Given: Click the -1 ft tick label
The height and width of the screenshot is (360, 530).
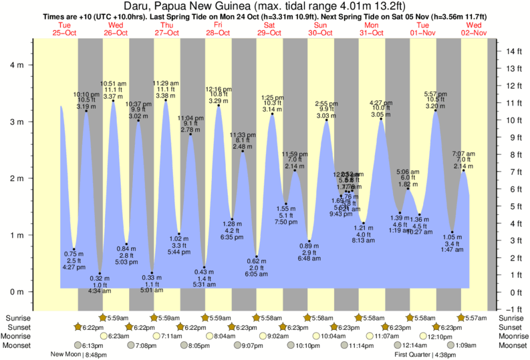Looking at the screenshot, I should [513, 309].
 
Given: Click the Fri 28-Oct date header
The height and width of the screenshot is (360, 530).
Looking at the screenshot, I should [218, 29].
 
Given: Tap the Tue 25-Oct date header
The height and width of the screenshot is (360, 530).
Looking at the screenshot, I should [64, 29].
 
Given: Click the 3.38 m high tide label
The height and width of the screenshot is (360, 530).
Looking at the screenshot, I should [165, 96].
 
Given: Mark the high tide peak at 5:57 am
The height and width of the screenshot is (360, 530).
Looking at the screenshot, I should [436, 110].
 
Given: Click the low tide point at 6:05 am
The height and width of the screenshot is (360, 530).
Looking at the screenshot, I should [257, 256].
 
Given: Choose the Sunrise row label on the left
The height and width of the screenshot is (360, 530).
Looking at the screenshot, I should [17, 318].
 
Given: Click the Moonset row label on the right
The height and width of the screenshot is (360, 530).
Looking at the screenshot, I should [513, 346].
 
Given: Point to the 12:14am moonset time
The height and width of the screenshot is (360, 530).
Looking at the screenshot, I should [413, 346].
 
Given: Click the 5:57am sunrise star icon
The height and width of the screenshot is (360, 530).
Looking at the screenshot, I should [461, 318].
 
